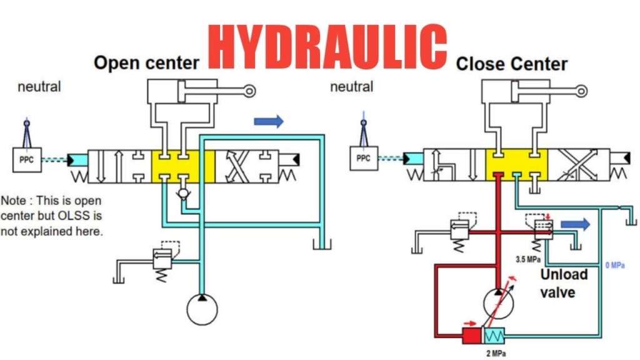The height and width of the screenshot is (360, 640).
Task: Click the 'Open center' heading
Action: pos(146,62)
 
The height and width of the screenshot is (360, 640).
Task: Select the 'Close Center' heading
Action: pos(511,64)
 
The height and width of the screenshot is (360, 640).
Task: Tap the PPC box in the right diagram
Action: pos(363,159)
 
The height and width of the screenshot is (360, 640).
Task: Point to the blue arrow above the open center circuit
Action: pos(268,121)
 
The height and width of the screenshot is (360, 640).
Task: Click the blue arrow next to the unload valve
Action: pos(574,224)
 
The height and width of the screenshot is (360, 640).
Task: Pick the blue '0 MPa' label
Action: pos(615,266)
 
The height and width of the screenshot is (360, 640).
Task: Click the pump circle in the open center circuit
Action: pos(203,309)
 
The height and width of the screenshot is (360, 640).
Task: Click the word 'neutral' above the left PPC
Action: pos(39,87)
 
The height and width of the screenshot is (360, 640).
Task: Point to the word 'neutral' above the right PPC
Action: pos(351,87)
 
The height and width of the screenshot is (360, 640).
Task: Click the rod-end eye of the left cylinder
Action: pos(250,91)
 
